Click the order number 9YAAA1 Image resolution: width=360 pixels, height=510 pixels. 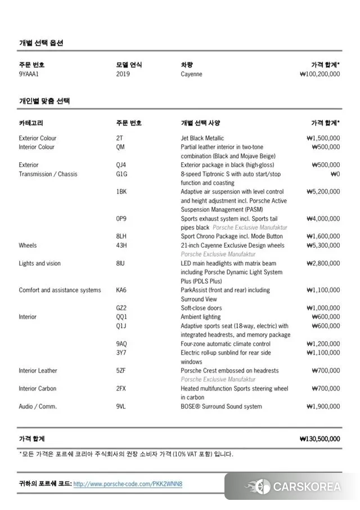(29, 74)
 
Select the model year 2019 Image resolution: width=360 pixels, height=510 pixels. (123, 74)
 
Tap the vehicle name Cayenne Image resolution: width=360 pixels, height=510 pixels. (191, 74)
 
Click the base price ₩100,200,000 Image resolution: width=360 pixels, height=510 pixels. (319, 74)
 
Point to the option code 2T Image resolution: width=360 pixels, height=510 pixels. (119, 138)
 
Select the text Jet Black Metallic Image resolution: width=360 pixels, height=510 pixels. (202, 138)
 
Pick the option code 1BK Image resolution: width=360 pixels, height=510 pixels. (121, 191)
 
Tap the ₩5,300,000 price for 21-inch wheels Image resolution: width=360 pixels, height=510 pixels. (323, 245)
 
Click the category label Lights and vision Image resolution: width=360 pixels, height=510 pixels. (39, 263)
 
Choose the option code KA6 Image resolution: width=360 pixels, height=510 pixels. (121, 290)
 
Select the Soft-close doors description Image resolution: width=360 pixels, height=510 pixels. (201, 308)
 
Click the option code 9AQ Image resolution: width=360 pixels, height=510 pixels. (121, 344)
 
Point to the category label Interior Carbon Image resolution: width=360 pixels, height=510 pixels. (38, 388)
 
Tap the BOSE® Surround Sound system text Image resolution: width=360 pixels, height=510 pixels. (221, 406)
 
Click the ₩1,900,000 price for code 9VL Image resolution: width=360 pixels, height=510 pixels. (323, 406)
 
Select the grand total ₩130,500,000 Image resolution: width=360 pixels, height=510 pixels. (319, 439)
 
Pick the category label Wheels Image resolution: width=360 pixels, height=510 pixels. (28, 245)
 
